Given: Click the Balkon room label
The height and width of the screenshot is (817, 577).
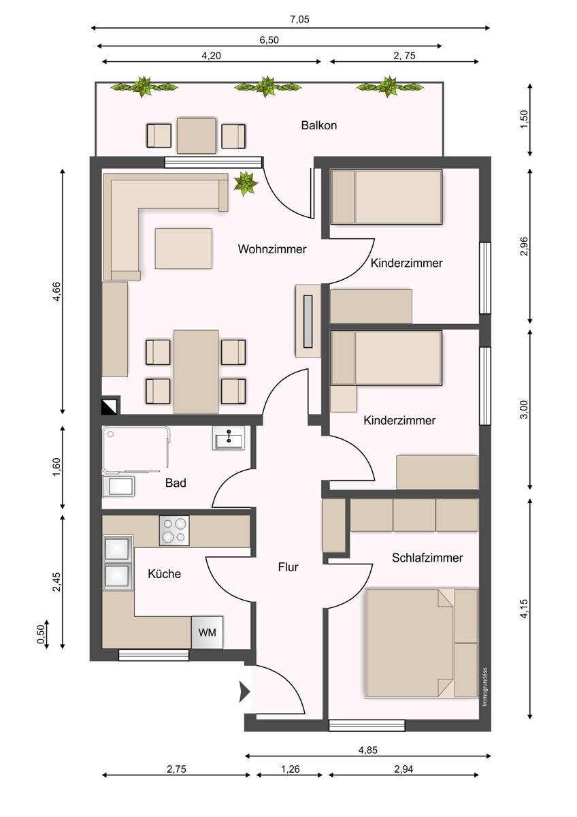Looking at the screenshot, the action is coord(318,125).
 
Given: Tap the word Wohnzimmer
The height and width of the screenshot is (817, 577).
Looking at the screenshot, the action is coord(272,249).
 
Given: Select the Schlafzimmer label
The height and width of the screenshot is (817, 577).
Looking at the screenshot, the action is coord(427,558).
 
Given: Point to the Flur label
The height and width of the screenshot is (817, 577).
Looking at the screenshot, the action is coord(288,567).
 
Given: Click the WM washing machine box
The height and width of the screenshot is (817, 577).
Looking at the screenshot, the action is coord(207,632).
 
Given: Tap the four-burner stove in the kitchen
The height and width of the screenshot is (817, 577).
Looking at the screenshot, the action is coord(174,530).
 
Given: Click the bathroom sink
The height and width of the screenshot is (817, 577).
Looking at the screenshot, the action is coord(229,437).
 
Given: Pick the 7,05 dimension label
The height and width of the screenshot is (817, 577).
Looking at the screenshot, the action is coord(299,19).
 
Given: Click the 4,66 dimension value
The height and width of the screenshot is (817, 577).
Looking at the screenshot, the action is coord(57,291).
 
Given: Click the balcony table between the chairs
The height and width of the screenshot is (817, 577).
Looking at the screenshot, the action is coord(197,135).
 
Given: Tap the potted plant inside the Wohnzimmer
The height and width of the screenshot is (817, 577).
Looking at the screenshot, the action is coord(246,183).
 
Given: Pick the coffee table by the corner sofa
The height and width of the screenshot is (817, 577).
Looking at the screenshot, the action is coord(183,249).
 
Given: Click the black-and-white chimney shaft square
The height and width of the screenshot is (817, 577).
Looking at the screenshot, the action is coord(109,406).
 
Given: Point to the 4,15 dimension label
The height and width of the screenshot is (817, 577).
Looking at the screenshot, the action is coord(524,609).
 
